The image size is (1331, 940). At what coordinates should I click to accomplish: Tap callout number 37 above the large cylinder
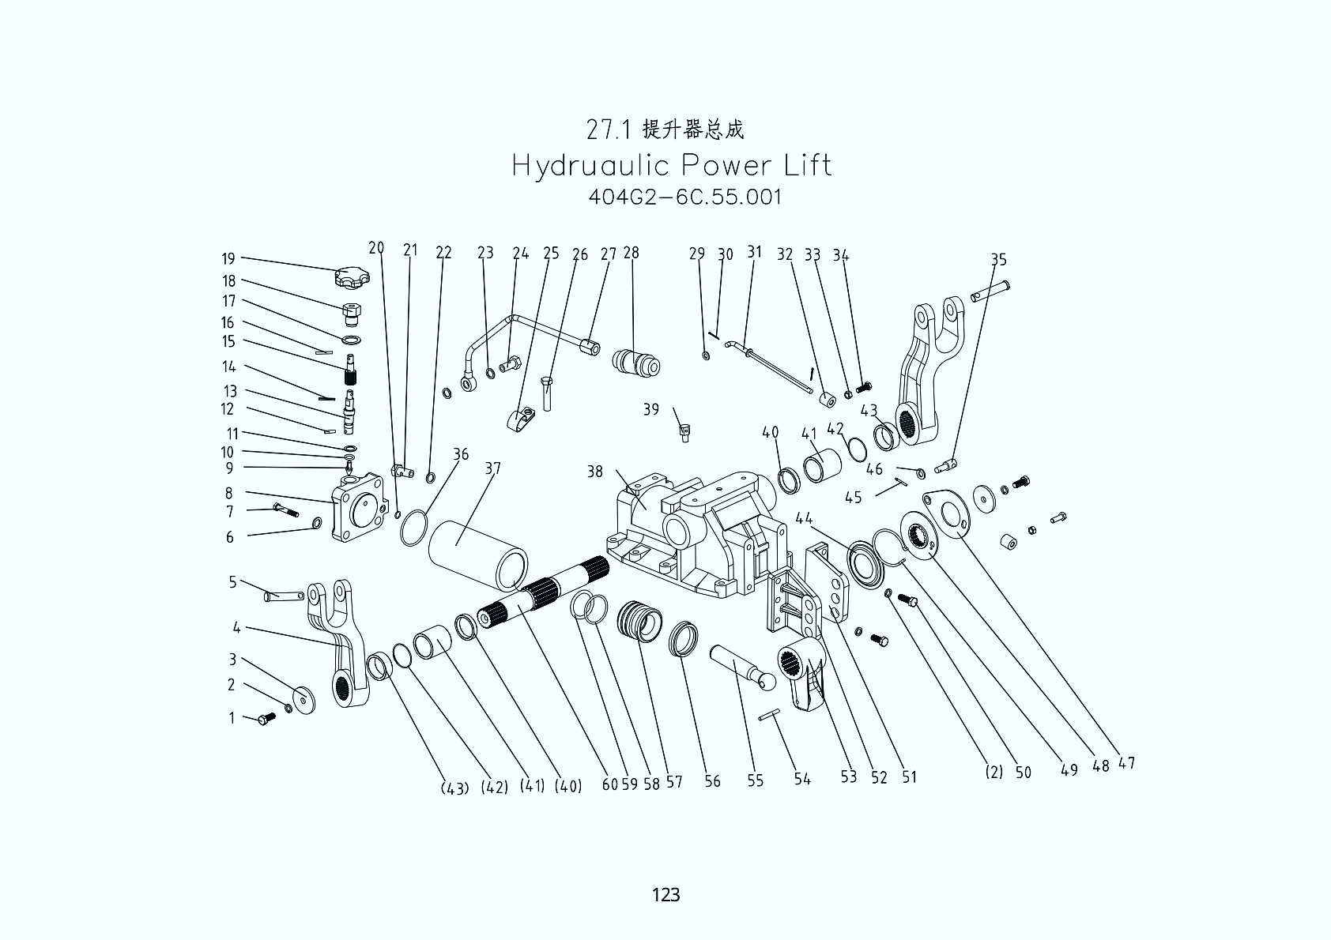pyautogui.click(x=492, y=468)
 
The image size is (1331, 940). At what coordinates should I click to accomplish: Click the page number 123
pyautogui.click(x=665, y=894)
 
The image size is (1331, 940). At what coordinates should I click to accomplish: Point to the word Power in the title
pyautogui.click(x=723, y=166)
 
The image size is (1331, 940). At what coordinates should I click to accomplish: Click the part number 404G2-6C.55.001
pyautogui.click(x=685, y=197)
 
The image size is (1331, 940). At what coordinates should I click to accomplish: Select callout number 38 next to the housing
pyautogui.click(x=594, y=472)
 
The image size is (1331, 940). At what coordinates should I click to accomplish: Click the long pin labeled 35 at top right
pyautogui.click(x=990, y=290)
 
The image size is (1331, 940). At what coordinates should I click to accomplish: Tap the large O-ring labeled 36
pyautogui.click(x=414, y=528)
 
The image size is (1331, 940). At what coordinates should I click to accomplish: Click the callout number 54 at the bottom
pyautogui.click(x=802, y=779)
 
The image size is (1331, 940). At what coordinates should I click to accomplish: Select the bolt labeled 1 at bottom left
pyautogui.click(x=266, y=719)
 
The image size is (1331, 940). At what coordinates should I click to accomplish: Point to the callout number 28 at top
pyautogui.click(x=631, y=253)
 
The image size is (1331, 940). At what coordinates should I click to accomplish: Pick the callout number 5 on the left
pyautogui.click(x=232, y=582)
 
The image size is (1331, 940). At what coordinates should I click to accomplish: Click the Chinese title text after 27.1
pyautogui.click(x=694, y=129)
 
